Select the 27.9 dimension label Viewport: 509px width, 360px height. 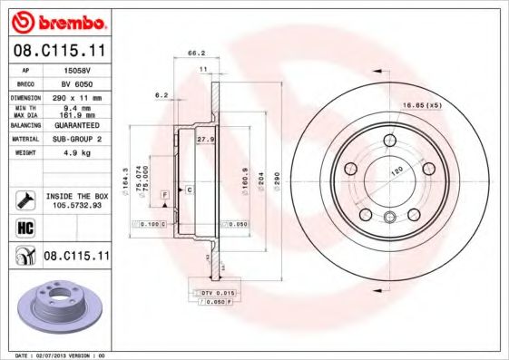click(x=205, y=140)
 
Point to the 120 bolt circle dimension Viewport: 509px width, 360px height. click(x=396, y=170)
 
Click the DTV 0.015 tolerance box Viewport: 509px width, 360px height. click(x=216, y=293)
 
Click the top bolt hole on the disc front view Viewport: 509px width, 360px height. click(x=390, y=139)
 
